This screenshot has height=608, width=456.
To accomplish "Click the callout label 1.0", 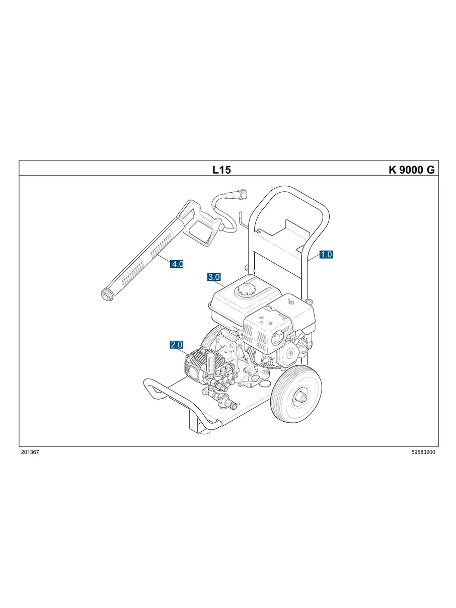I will click(x=326, y=254).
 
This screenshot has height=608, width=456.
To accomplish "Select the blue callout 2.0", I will click(x=176, y=345).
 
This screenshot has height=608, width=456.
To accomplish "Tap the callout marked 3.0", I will click(x=214, y=277).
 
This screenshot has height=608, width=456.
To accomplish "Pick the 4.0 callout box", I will click(x=177, y=264).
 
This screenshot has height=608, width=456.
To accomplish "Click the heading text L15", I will click(x=221, y=170).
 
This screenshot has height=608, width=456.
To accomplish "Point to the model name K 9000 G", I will click(x=411, y=170).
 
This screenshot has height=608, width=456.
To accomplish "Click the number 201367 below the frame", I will click(x=30, y=452).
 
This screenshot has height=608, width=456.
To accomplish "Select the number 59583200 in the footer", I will click(x=423, y=452).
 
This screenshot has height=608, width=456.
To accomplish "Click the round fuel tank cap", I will click(x=247, y=289).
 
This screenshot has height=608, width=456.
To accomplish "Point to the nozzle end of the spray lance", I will click(x=107, y=294).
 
